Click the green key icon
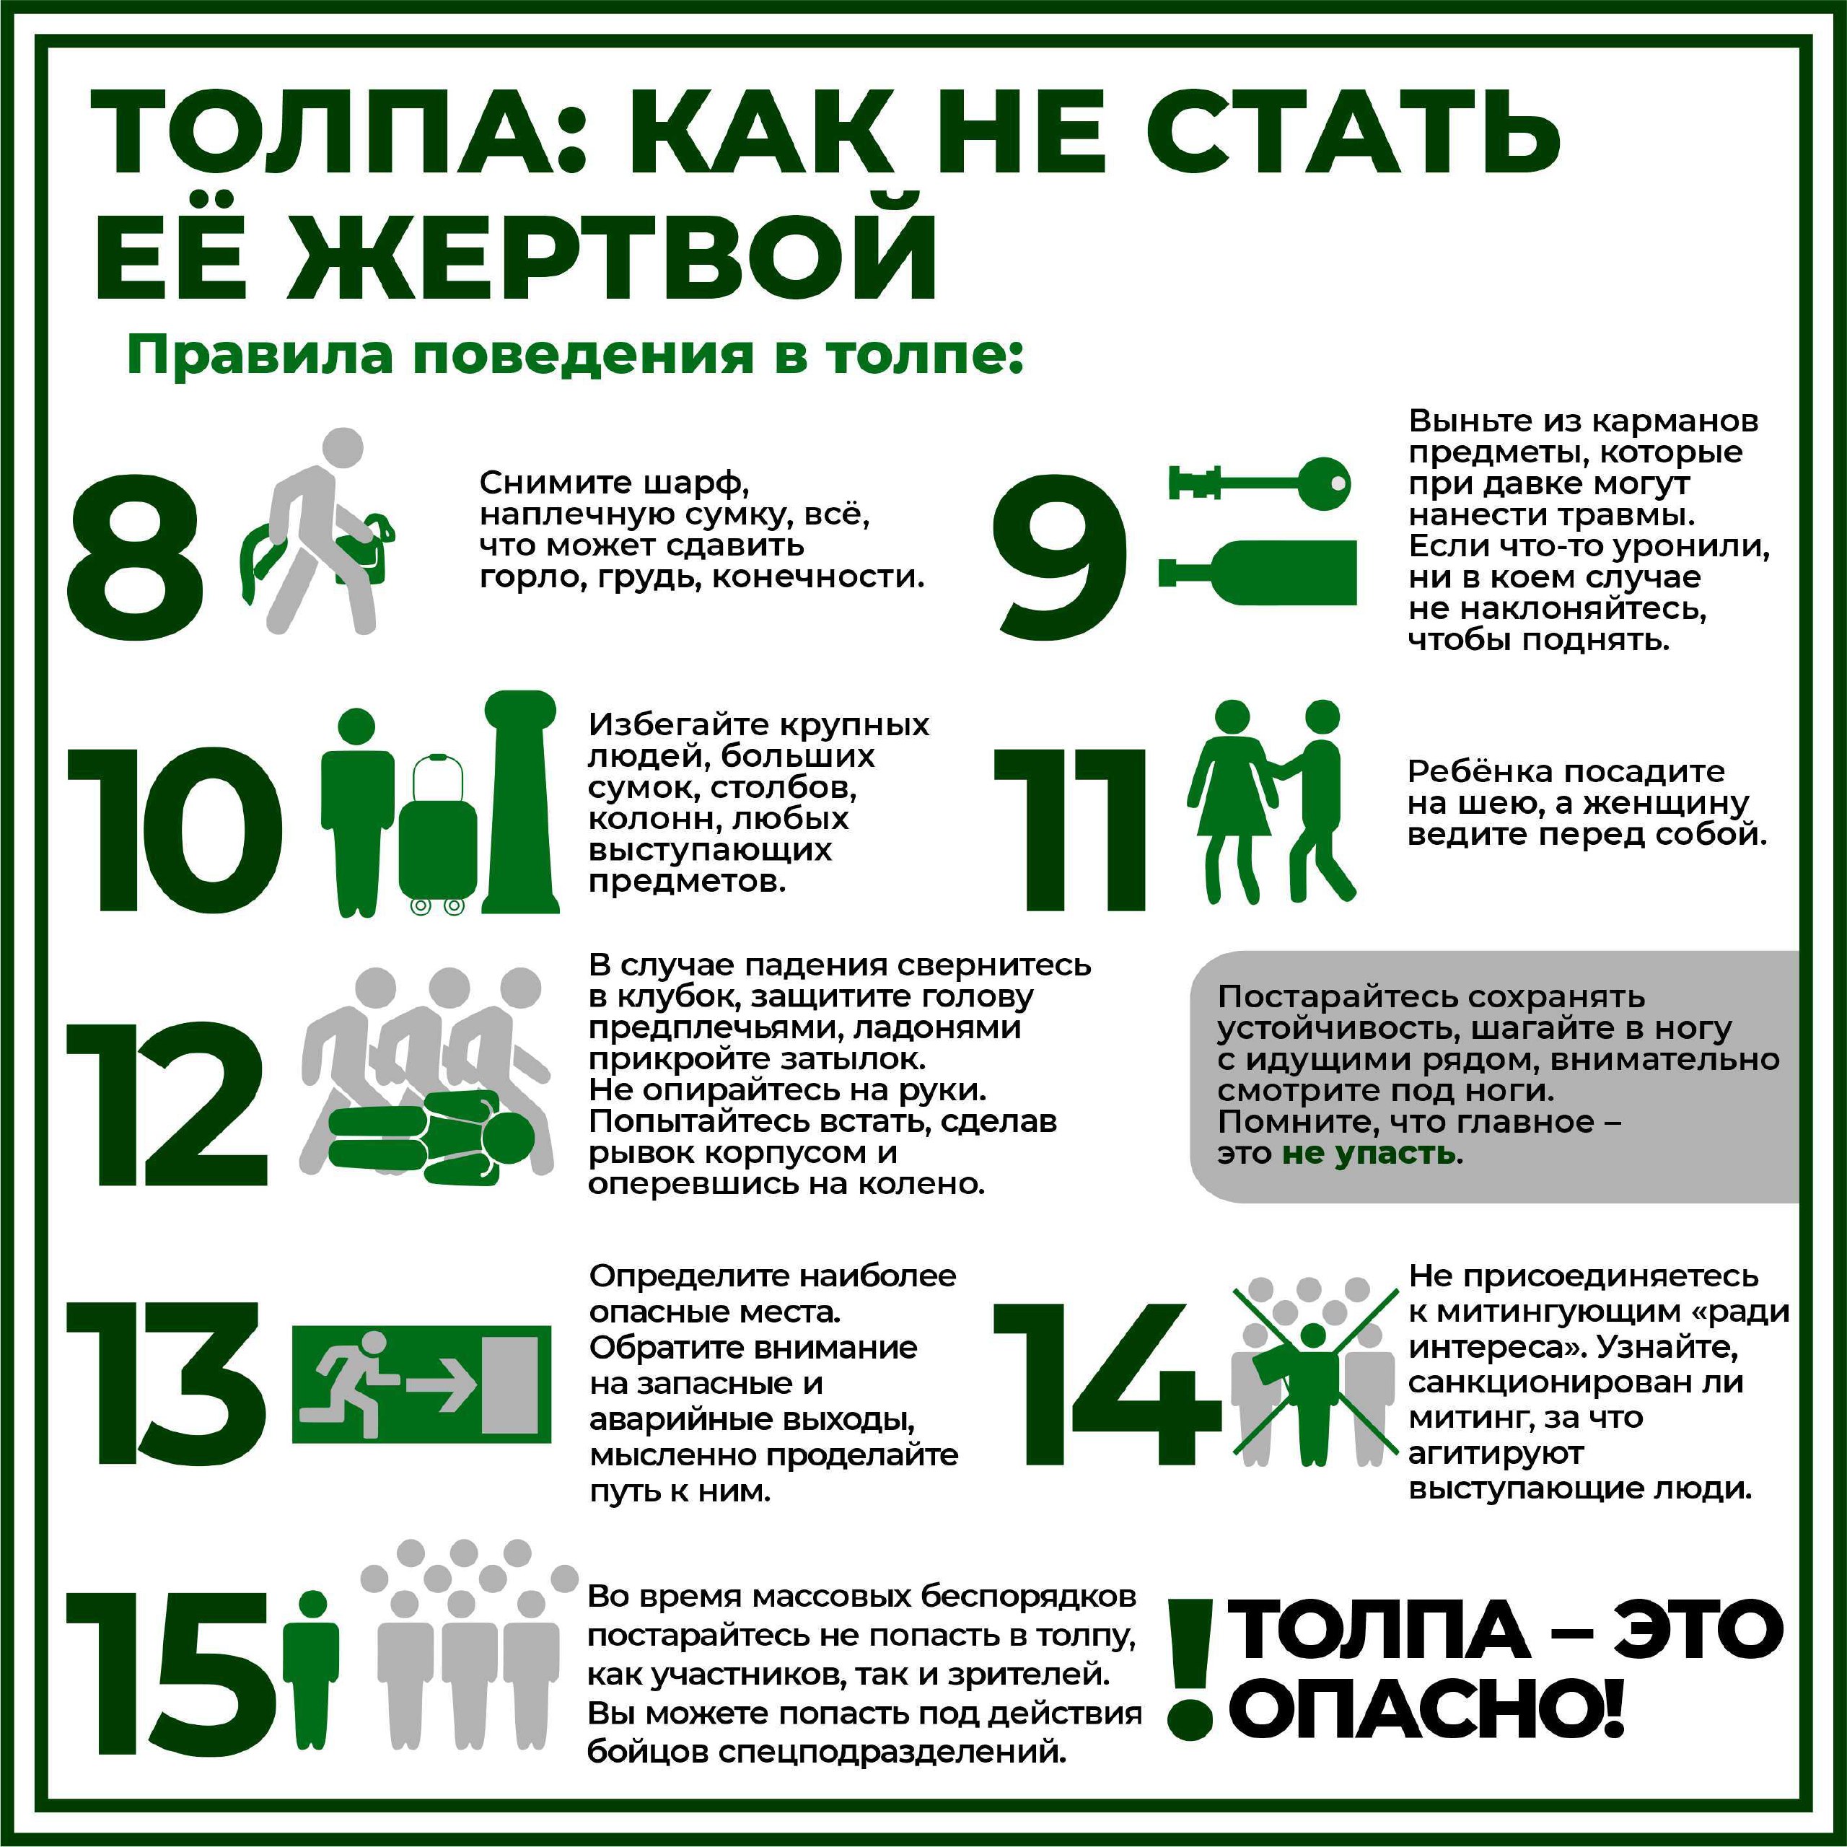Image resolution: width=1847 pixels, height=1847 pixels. point(1260,479)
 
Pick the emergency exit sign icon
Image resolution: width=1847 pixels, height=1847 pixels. point(421,1385)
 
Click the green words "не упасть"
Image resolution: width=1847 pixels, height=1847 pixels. point(1368,1153)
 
